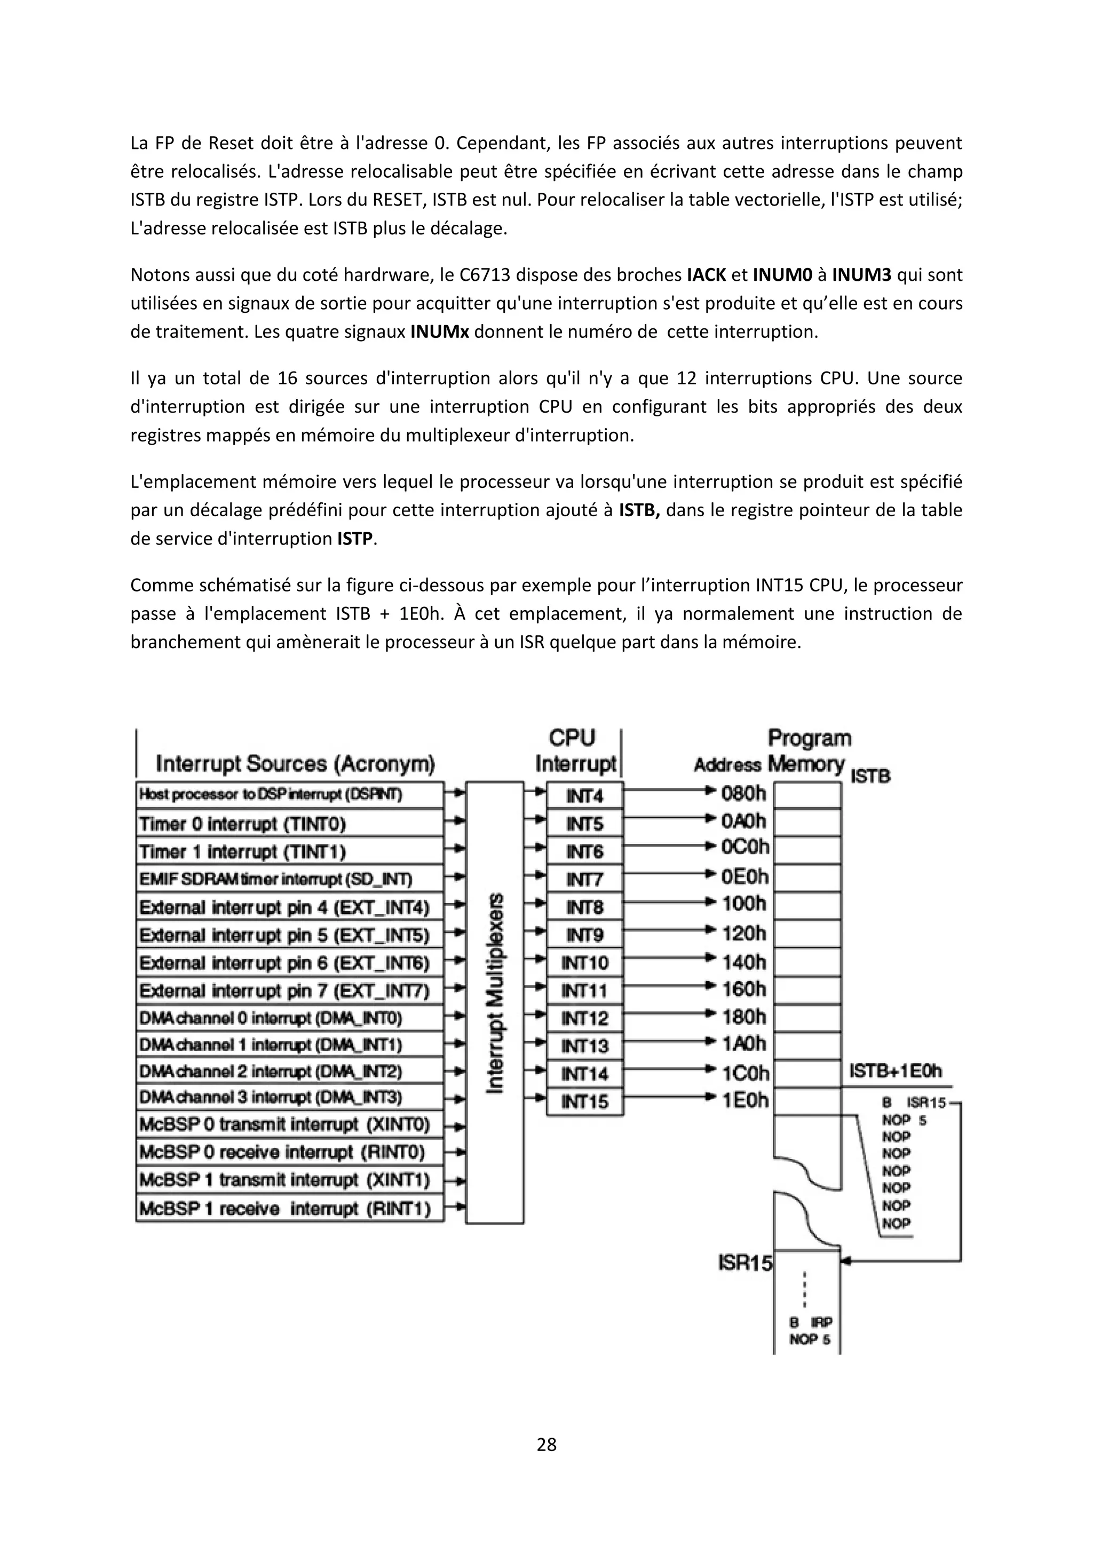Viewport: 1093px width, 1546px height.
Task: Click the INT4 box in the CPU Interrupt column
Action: (584, 796)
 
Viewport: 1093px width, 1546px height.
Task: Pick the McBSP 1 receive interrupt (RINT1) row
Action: (289, 1209)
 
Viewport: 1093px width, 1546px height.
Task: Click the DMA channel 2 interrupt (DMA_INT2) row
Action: (289, 1071)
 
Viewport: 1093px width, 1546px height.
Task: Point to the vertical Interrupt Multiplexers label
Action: (495, 993)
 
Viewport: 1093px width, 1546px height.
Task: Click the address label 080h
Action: (743, 794)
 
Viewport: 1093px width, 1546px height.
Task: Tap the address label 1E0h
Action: (744, 1100)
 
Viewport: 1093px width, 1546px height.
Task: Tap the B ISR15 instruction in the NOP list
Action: (913, 1103)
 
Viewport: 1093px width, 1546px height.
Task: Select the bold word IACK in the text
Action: (706, 275)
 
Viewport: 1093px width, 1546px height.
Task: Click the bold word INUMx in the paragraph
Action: (439, 332)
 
